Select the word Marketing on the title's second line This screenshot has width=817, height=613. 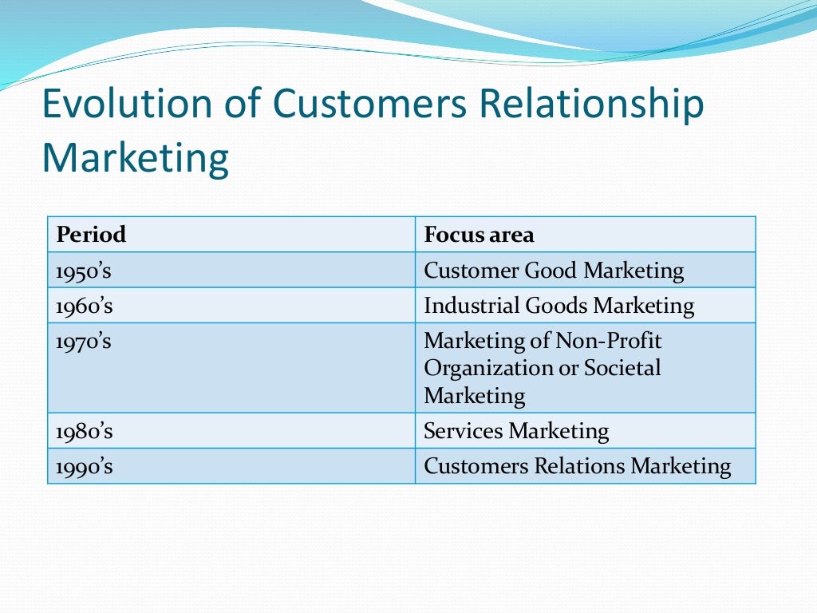[x=135, y=157]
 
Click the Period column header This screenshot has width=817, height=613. [x=91, y=235]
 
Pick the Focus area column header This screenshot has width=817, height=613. [x=479, y=235]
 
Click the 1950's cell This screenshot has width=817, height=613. [x=84, y=271]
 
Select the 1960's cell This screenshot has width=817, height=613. [x=84, y=306]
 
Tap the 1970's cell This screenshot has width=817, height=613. [x=84, y=341]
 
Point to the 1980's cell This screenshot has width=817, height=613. [x=84, y=431]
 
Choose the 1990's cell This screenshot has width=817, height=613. [x=84, y=466]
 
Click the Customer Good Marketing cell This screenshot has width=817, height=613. [x=554, y=271]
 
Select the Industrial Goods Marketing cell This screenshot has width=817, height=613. [x=558, y=306]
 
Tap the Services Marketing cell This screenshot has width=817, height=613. [x=516, y=431]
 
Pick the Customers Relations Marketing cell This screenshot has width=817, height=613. [x=577, y=466]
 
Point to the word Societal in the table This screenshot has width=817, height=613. [x=622, y=368]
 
